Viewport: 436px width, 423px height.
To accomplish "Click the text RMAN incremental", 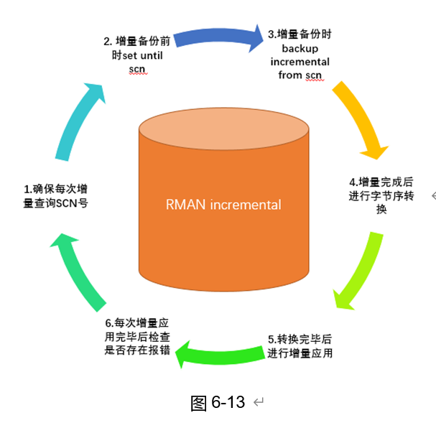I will click(x=223, y=205).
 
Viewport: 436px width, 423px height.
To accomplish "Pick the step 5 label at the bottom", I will click(x=300, y=345).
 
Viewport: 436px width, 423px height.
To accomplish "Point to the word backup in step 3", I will click(x=301, y=48).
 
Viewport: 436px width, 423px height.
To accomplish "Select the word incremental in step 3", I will click(x=301, y=62).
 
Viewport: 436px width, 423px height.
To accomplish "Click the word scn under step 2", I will click(x=136, y=69).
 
